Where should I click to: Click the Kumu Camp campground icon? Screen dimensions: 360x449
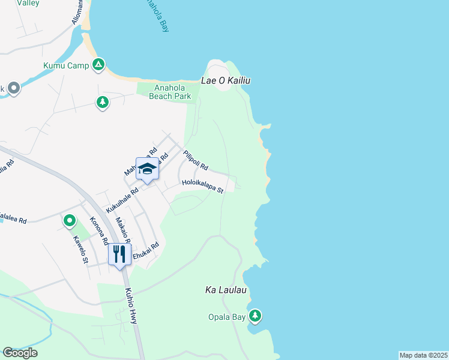click(98, 65)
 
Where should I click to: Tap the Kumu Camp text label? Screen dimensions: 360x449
click(66, 65)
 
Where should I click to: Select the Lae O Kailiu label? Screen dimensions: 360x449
click(225, 80)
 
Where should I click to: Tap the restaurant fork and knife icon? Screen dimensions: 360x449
click(119, 254)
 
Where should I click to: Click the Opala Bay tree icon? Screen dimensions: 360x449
click(255, 316)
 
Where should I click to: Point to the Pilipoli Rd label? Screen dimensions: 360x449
click(196, 160)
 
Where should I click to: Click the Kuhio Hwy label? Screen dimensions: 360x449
click(131, 305)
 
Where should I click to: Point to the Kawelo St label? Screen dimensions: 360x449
click(80, 250)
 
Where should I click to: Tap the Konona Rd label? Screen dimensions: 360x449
click(98, 230)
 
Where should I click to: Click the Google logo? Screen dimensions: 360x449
click(20, 353)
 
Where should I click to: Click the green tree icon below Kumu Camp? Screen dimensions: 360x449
click(103, 103)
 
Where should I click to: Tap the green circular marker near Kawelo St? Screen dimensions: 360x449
click(70, 221)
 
